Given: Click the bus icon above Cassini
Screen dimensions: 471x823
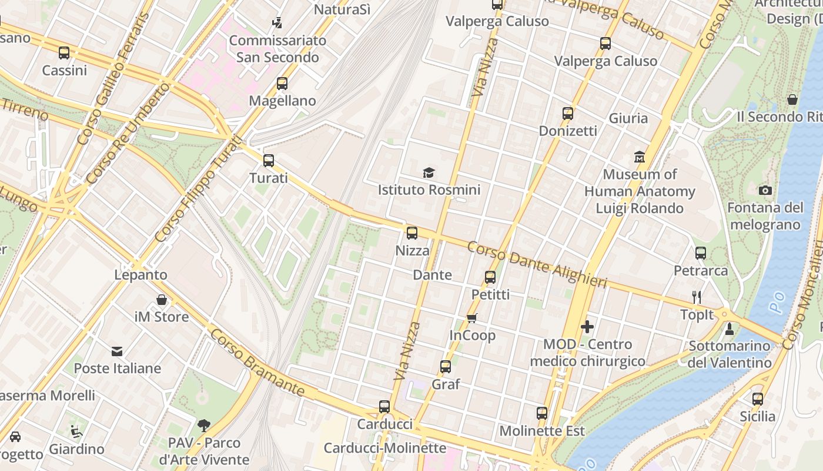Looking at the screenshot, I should click(64, 53).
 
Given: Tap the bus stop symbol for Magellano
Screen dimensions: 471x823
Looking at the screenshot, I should click(282, 84).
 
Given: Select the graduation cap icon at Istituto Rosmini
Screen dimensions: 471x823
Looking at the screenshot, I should click(429, 173).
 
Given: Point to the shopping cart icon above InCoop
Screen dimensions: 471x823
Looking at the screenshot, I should click(471, 318).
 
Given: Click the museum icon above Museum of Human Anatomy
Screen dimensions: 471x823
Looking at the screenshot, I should click(640, 157).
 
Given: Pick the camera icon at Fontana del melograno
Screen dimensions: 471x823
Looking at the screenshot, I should click(765, 190).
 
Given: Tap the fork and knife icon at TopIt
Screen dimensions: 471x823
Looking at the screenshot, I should click(697, 297).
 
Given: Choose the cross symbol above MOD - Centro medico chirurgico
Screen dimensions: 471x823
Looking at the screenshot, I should click(587, 327).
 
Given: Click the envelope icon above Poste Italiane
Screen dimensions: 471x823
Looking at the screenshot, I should click(117, 351).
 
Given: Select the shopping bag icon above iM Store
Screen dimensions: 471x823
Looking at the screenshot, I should click(162, 300).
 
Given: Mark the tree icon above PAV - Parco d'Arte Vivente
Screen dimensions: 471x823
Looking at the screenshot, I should click(204, 425).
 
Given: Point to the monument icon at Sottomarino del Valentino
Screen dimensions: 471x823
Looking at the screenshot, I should click(730, 329).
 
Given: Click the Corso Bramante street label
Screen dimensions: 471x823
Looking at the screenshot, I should click(257, 363).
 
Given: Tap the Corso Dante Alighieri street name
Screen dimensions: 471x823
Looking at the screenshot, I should click(537, 265).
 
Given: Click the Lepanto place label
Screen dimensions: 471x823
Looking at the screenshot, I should click(140, 275).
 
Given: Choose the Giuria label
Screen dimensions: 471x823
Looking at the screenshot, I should click(628, 118).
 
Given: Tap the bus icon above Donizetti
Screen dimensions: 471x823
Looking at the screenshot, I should click(568, 114).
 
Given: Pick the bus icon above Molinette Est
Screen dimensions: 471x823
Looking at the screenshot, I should click(542, 413).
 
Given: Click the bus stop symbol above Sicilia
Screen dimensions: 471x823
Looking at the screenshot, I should click(758, 399).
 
